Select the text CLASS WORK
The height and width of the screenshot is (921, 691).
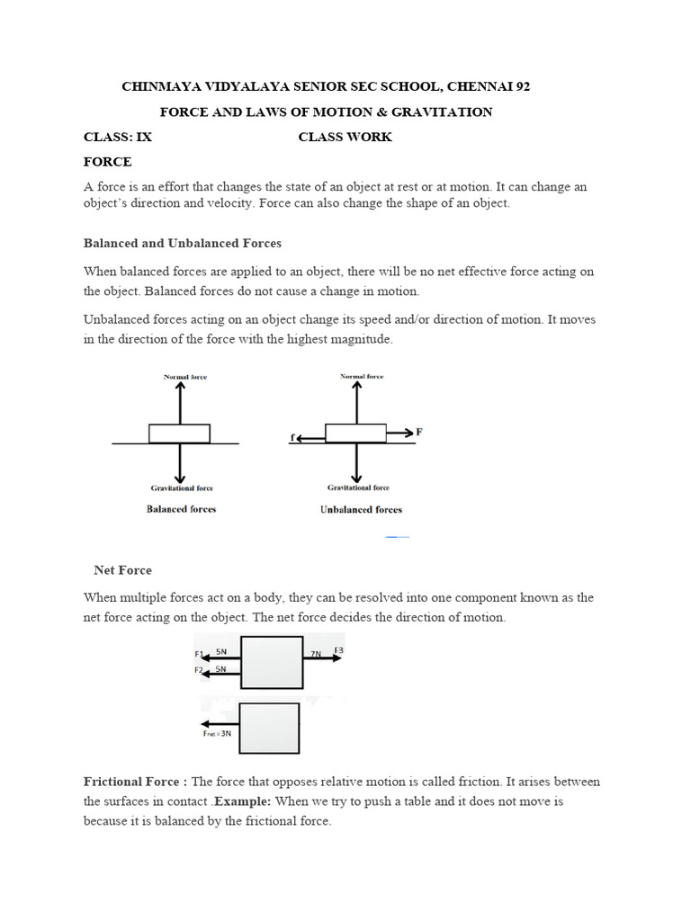pos(345,137)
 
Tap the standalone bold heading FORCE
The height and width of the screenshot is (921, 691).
pos(107,162)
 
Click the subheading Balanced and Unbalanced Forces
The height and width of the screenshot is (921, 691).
pos(183,243)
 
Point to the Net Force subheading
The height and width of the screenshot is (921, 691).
pos(123,570)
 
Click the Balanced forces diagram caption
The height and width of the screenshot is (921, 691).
pos(181,509)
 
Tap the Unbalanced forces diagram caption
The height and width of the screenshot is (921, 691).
pos(361,510)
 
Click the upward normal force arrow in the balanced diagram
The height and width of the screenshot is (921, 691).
pos(181,400)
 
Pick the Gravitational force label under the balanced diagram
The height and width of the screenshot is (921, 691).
pos(181,488)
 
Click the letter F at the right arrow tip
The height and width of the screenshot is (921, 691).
pos(419,432)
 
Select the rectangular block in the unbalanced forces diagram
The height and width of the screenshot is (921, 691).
pos(357,434)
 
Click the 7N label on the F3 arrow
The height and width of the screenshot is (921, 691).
pos(315,655)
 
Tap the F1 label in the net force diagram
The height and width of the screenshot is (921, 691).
pos(199,654)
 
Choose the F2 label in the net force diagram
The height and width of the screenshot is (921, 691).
pos(199,670)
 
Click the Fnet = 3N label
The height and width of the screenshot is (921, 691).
pos(218,733)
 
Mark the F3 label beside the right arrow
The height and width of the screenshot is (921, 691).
pos(338,650)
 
